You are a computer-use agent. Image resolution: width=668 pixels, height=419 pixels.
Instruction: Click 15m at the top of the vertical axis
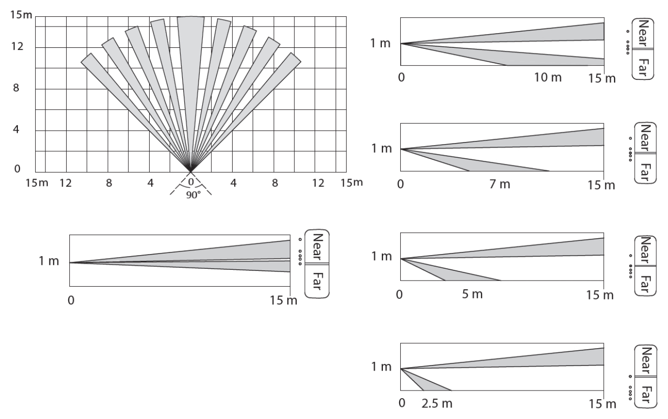21,15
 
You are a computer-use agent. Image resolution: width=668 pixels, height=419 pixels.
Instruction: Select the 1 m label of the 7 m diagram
381,149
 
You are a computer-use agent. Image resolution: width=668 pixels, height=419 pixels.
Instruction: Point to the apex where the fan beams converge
191,171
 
